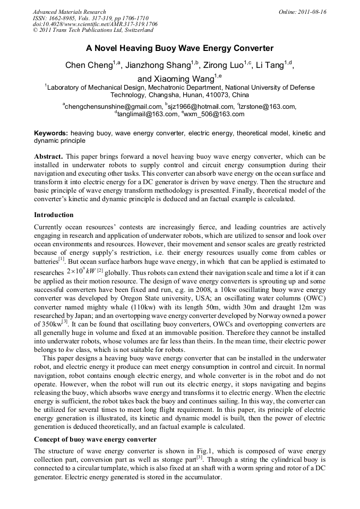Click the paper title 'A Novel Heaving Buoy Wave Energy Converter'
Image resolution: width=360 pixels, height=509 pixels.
click(x=179, y=48)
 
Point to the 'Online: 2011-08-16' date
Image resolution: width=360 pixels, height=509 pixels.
click(x=303, y=12)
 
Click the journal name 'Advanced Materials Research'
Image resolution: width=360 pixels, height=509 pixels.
click(x=70, y=12)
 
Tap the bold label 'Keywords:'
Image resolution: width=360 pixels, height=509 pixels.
click(x=51, y=133)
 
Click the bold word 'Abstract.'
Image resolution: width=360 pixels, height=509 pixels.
click(x=49, y=157)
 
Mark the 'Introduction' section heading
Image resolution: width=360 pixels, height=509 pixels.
click(x=54, y=215)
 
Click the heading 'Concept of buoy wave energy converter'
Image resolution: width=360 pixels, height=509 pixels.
click(x=95, y=439)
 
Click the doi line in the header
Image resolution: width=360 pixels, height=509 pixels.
click(x=95, y=24)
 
